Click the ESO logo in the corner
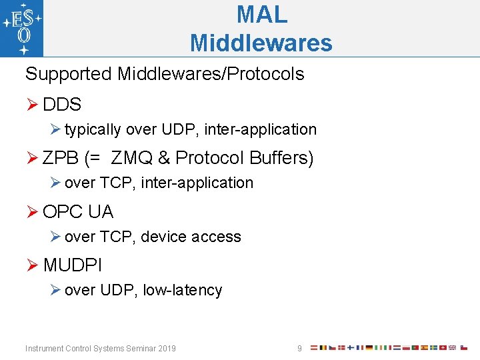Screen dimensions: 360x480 tap(22, 28)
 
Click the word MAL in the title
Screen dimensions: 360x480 tap(261, 14)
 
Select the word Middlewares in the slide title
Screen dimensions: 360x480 tap(261, 43)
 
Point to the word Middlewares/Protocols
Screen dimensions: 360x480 tap(211, 74)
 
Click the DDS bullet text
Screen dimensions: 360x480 tap(62, 105)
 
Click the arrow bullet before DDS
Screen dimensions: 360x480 tap(32, 105)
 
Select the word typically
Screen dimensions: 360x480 tap(93, 129)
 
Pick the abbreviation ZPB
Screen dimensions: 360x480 tap(62, 158)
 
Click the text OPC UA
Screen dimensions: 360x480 tap(78, 212)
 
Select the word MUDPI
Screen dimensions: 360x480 tap(73, 265)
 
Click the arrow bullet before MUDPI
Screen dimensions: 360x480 tap(32, 265)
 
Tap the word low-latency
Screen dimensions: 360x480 tap(182, 290)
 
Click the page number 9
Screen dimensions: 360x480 tap(299, 349)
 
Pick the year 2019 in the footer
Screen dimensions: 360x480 tap(166, 349)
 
